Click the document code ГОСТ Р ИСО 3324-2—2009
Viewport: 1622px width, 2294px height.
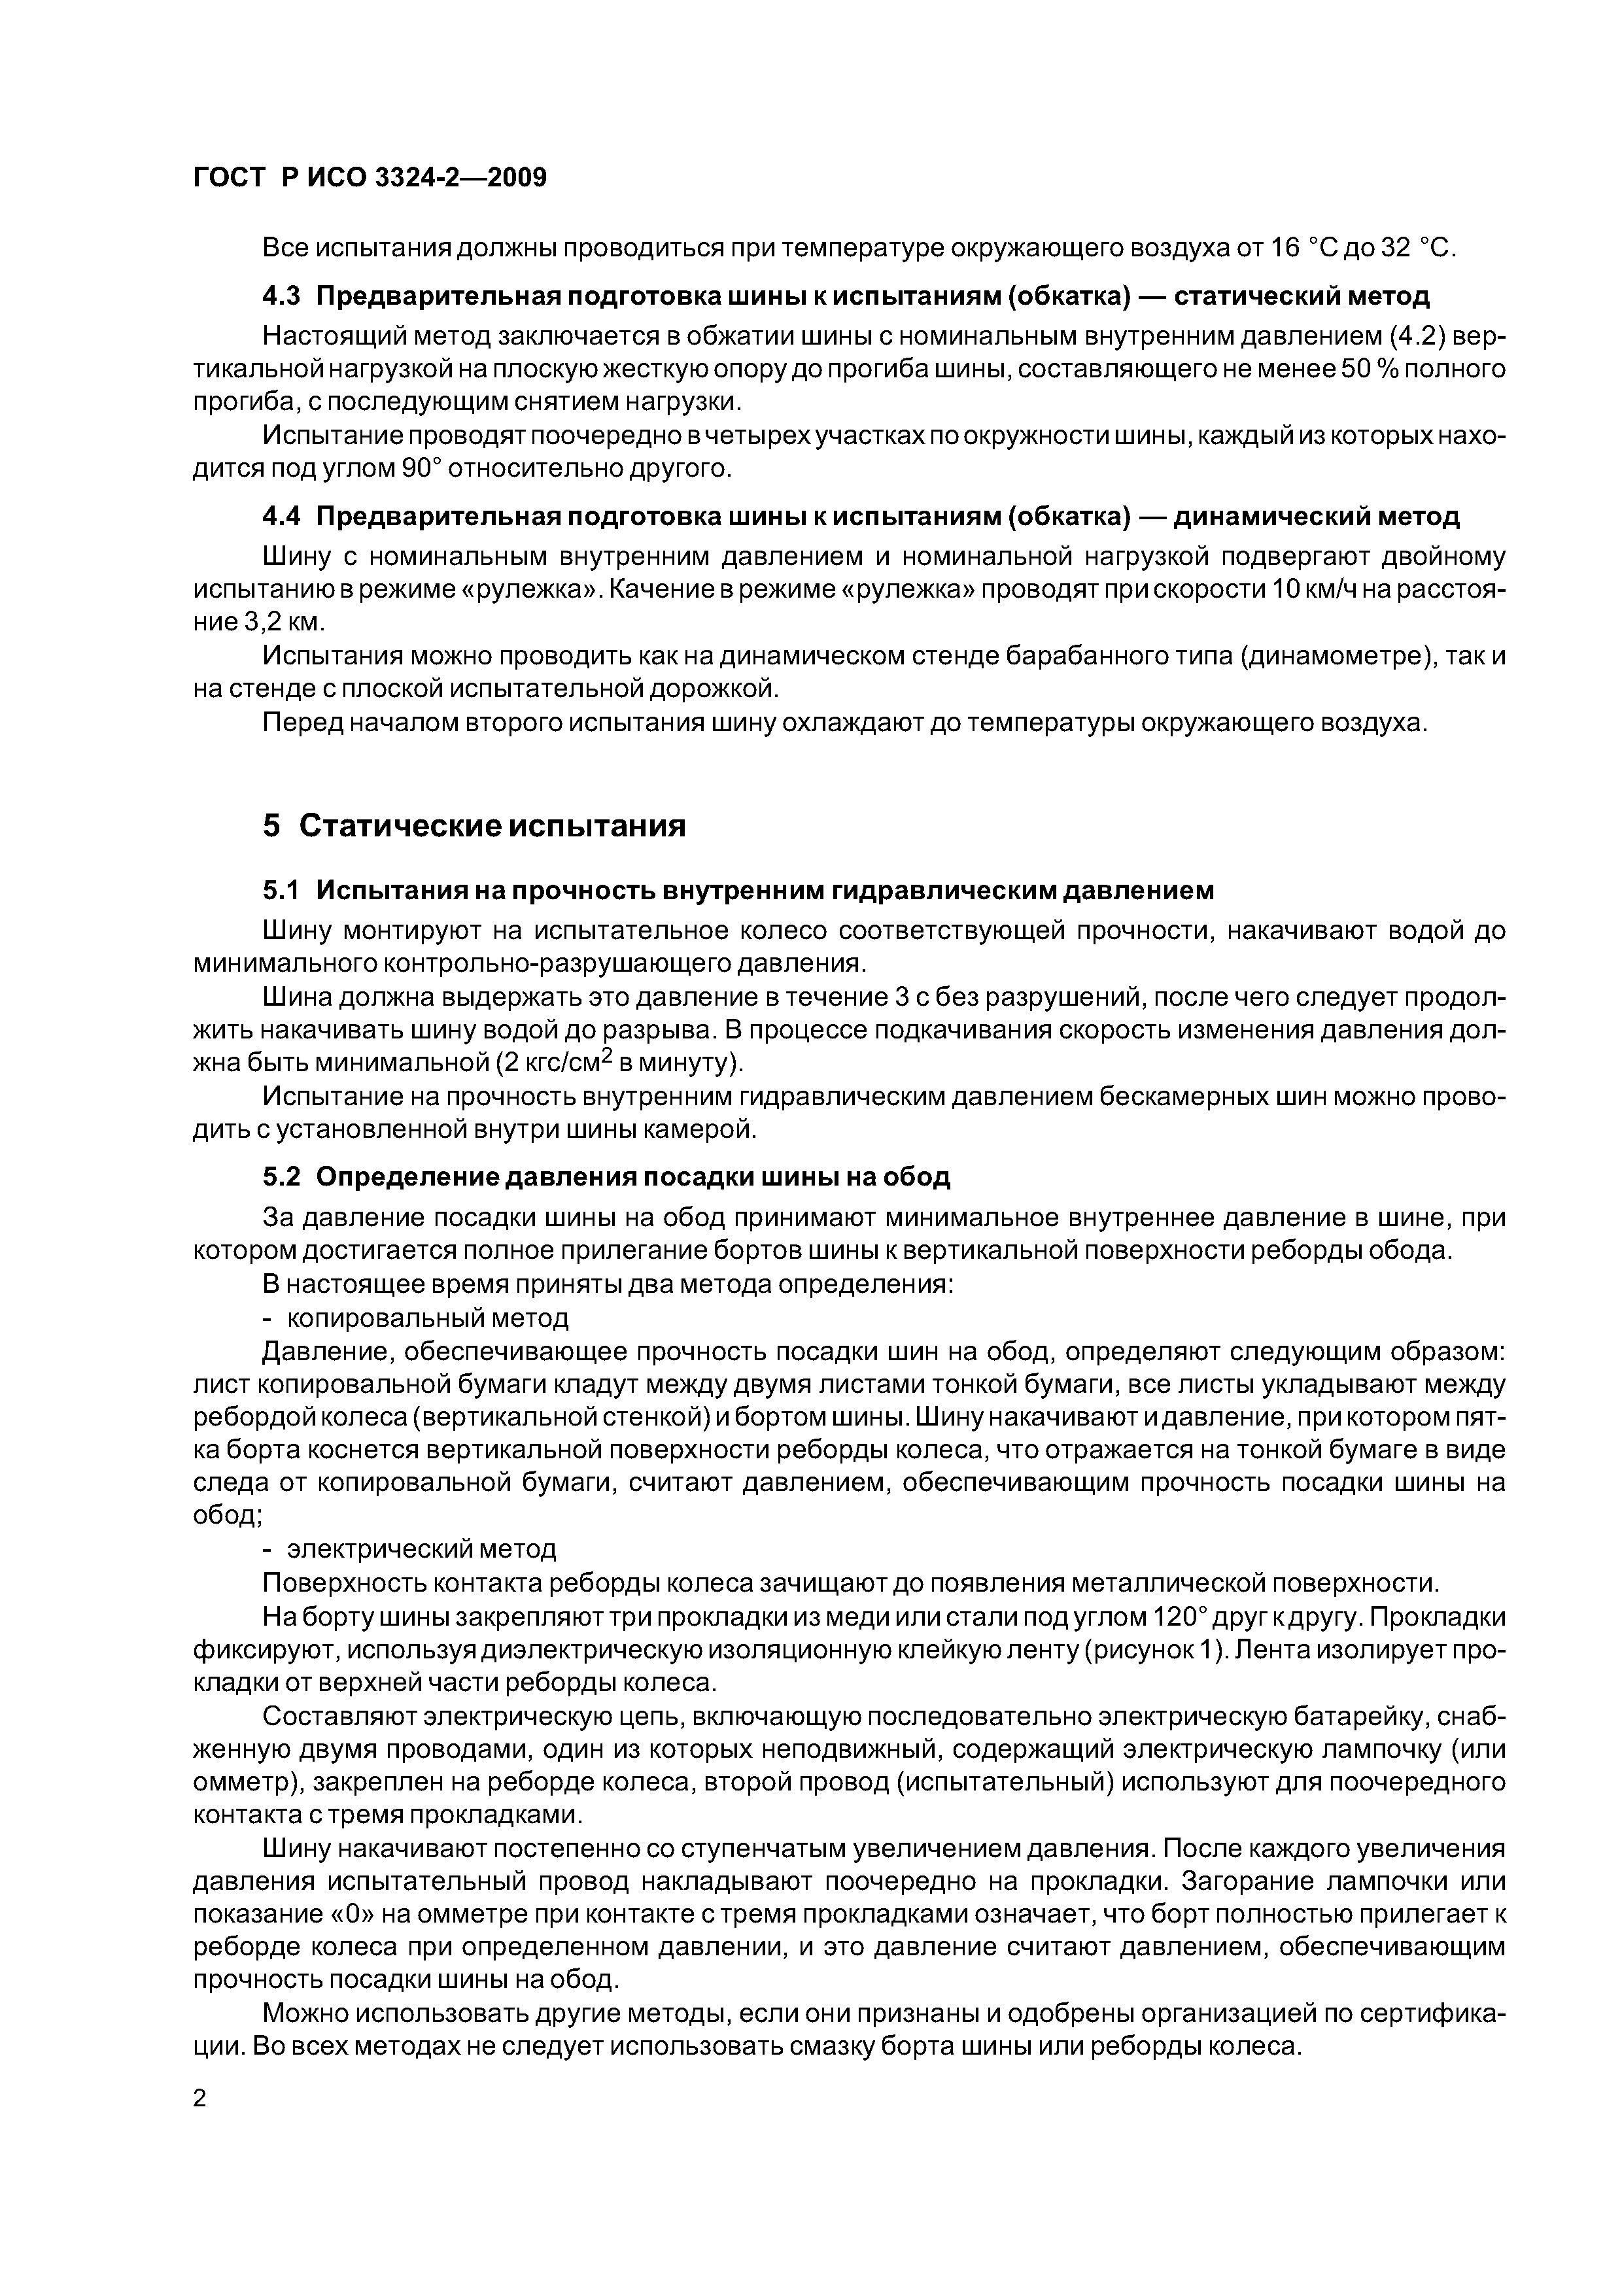pos(370,178)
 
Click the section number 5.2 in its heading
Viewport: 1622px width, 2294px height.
pos(281,1176)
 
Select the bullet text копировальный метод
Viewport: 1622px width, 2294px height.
pos(428,1317)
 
